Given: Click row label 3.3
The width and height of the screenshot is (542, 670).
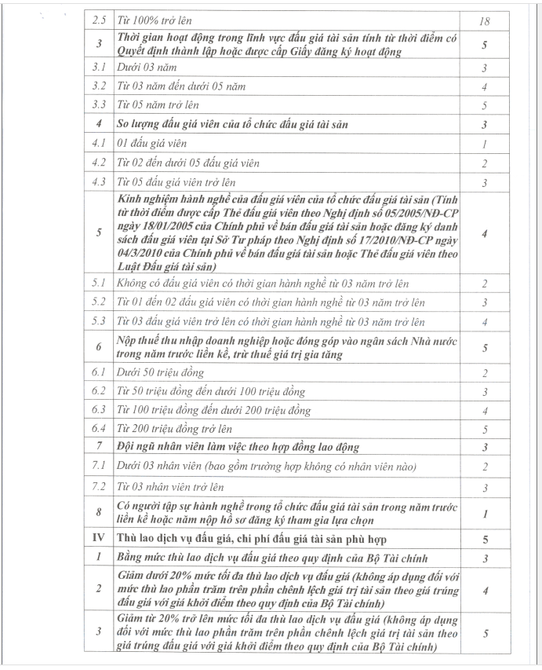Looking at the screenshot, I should point(99,104).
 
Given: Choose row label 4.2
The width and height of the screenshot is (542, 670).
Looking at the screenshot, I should point(99,163).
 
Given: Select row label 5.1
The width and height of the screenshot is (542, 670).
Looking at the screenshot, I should point(99,282).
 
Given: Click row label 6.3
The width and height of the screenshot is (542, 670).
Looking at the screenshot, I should point(99,409).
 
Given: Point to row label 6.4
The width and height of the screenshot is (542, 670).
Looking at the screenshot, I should point(99,428).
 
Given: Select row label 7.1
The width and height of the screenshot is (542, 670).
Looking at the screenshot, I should point(99,467).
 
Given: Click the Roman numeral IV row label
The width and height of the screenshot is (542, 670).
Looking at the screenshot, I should point(99,539).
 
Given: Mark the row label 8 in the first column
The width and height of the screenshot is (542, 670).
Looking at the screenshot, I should point(99,513).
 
